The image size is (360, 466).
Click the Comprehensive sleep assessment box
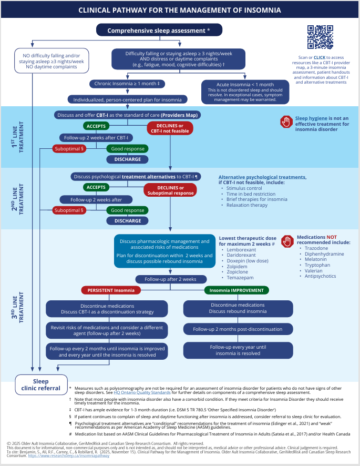click(x=159, y=31)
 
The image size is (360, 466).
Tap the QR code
click(x=320, y=37)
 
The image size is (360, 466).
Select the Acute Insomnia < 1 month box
click(x=245, y=90)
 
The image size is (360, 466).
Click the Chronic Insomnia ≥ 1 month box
click(x=127, y=84)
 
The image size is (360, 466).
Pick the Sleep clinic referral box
click(x=41, y=384)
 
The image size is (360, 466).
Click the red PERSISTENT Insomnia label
click(x=111, y=290)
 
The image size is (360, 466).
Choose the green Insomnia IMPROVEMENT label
click(x=236, y=290)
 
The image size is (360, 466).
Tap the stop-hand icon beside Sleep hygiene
click(x=286, y=122)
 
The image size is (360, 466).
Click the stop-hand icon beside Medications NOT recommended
click(x=287, y=241)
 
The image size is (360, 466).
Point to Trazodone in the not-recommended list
click(x=317, y=248)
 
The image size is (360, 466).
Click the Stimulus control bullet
click(x=244, y=188)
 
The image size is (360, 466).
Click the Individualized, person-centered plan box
click(x=127, y=99)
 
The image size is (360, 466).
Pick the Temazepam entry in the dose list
click(x=240, y=277)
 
